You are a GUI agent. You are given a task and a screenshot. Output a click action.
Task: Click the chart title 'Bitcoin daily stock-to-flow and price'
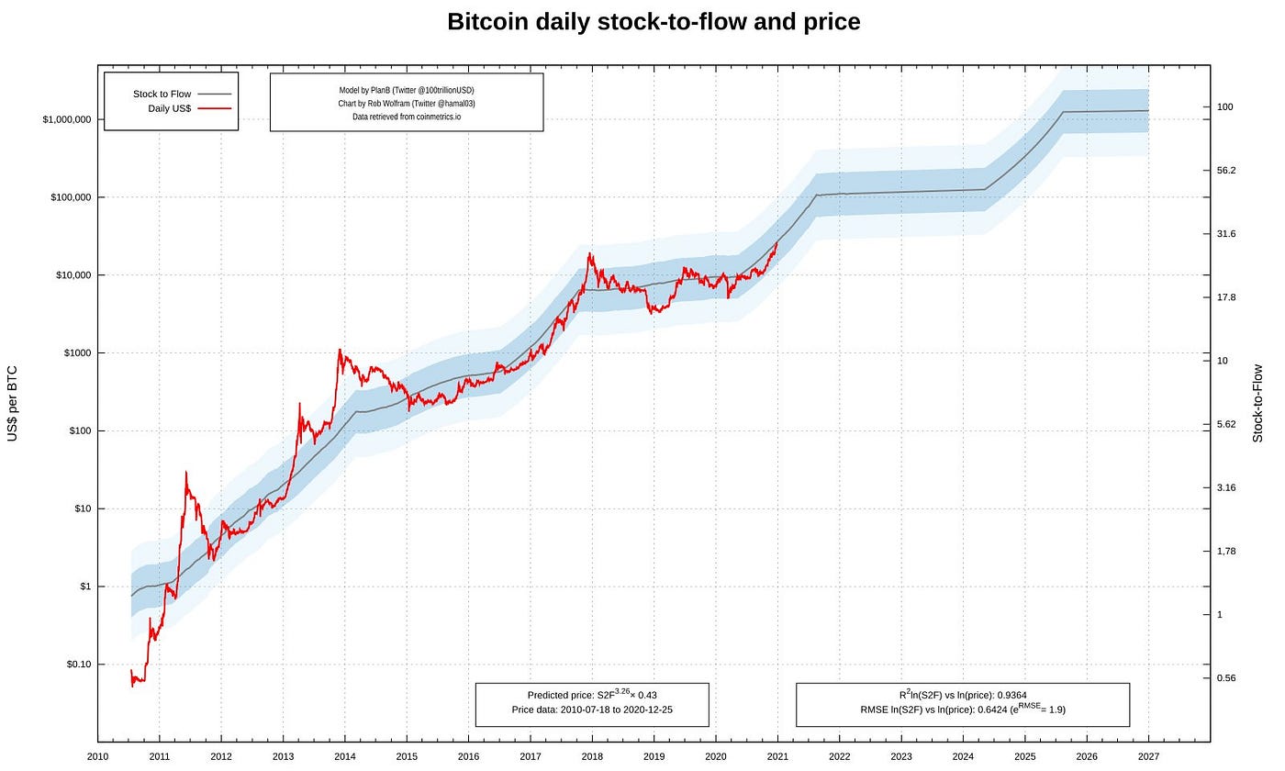pyautogui.click(x=654, y=22)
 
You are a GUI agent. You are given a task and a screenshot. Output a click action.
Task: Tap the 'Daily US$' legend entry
pyautogui.click(x=170, y=108)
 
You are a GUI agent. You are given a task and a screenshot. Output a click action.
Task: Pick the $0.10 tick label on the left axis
pyautogui.click(x=78, y=665)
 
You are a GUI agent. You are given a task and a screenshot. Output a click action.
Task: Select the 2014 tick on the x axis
pyautogui.click(x=344, y=756)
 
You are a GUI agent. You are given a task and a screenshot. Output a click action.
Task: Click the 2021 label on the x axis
pyautogui.click(x=777, y=756)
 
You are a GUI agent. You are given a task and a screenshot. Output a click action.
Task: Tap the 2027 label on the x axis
pyautogui.click(x=1148, y=756)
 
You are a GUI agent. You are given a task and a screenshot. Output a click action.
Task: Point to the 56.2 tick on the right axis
pyautogui.click(x=1225, y=171)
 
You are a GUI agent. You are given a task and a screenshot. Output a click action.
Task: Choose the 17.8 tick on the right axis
pyautogui.click(x=1225, y=297)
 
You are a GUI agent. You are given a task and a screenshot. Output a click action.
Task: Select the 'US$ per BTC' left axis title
pyautogui.click(x=13, y=404)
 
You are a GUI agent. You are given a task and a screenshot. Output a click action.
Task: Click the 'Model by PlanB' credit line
pyautogui.click(x=406, y=90)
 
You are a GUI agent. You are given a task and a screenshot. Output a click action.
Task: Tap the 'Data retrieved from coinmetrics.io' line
pyautogui.click(x=406, y=117)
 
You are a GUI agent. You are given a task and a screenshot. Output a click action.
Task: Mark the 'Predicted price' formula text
pyautogui.click(x=591, y=696)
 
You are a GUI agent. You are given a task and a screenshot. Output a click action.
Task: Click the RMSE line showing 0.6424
pyautogui.click(x=962, y=710)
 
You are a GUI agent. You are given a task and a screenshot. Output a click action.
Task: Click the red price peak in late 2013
pyautogui.click(x=340, y=350)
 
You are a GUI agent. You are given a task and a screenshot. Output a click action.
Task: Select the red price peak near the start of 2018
pyautogui.click(x=590, y=254)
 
